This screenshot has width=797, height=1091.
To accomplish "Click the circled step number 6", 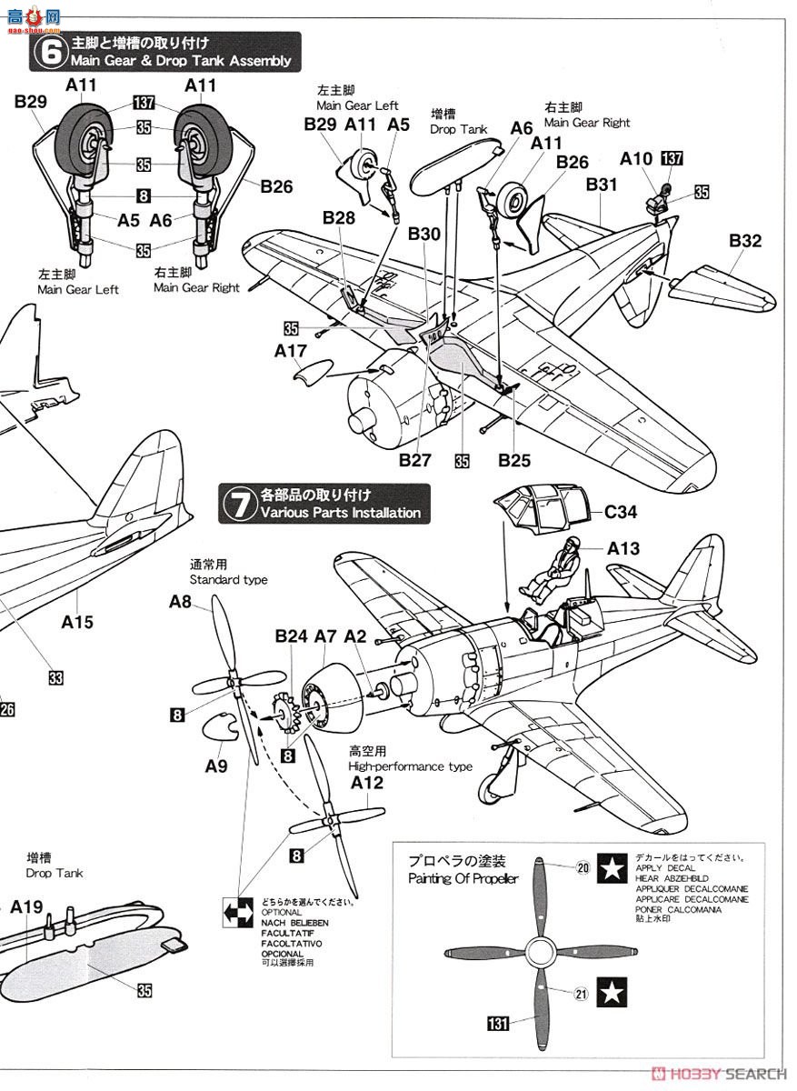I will click(x=45, y=53).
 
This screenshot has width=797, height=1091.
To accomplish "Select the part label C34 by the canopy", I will click(x=621, y=512).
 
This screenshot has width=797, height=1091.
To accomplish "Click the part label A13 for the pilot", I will click(x=623, y=547).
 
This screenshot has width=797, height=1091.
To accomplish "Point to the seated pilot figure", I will click(x=553, y=567).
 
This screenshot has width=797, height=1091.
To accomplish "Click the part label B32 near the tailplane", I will click(x=744, y=241).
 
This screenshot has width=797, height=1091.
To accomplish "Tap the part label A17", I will click(x=290, y=348).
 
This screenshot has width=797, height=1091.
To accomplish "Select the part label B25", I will click(x=513, y=461).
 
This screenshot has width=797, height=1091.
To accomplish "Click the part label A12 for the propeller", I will click(x=366, y=783).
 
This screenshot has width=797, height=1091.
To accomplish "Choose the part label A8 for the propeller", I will click(x=180, y=601).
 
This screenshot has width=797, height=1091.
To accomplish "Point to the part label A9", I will click(x=215, y=766).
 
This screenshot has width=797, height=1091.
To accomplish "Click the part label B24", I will click(x=291, y=636).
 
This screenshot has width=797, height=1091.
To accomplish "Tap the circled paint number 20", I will click(x=583, y=866).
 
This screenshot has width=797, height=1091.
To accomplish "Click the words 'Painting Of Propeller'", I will click(x=463, y=878).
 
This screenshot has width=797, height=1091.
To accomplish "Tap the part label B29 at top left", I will click(x=30, y=103).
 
